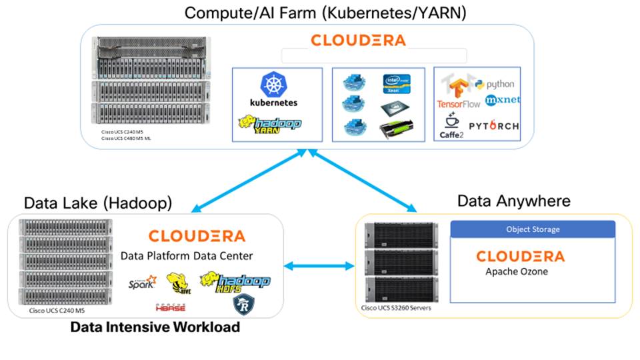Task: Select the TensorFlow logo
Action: (x=459, y=93)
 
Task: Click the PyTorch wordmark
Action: (x=493, y=125)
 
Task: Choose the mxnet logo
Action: (x=502, y=101)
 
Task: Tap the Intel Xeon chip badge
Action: (x=395, y=85)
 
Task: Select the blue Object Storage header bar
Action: (x=533, y=229)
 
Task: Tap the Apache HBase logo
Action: (x=171, y=307)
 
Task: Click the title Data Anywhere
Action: (x=514, y=201)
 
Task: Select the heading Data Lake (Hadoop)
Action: (x=98, y=202)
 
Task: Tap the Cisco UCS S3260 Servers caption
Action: (x=397, y=307)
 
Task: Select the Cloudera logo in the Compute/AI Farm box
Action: (x=358, y=40)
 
